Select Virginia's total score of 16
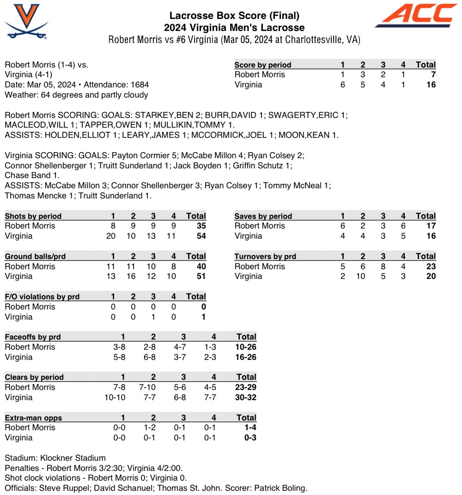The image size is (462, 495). point(431,85)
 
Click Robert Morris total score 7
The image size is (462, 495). point(433,74)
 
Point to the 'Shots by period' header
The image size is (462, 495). point(33,216)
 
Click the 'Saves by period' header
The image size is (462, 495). point(263,216)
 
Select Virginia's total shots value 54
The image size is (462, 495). point(201,236)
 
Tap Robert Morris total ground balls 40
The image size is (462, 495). point(201,266)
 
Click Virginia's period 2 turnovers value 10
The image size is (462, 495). point(363,277)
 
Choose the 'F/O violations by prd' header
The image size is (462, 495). point(42,297)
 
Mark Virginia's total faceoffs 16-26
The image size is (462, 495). point(246,357)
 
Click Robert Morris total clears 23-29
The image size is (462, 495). point(246,387)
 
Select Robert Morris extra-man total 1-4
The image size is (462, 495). point(250,427)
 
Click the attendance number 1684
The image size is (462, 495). point(139,85)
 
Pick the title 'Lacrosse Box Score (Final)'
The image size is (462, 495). point(234,16)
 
